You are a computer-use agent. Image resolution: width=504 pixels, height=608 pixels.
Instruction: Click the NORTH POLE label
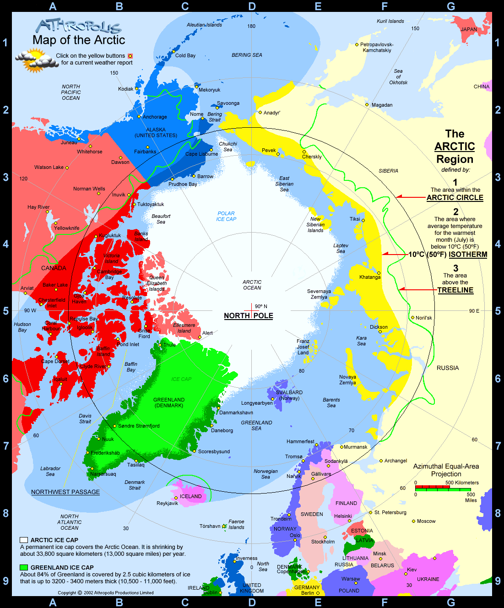[249, 315]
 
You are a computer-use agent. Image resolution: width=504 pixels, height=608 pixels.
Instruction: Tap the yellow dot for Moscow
[413, 521]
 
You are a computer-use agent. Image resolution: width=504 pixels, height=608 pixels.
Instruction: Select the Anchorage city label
[155, 117]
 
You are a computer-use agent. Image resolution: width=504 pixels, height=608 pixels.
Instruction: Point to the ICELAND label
[190, 496]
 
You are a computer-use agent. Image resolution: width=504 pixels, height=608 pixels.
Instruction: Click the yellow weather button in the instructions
[130, 56]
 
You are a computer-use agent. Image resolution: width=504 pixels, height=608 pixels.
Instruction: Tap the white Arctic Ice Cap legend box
[24, 540]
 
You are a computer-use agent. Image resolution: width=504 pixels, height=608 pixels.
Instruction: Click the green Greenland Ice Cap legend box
[24, 568]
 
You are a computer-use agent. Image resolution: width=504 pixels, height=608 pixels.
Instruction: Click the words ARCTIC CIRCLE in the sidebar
[455, 197]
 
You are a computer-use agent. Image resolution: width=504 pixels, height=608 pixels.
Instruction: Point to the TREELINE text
[455, 290]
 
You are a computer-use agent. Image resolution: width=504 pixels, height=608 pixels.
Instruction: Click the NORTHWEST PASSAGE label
[65, 492]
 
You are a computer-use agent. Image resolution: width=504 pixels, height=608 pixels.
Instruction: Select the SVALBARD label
[289, 392]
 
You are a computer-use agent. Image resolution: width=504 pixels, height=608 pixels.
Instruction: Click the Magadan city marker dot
[367, 105]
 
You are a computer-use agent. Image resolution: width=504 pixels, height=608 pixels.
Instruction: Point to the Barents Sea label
[331, 402]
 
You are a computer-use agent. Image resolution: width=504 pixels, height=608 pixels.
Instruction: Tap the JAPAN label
[469, 29]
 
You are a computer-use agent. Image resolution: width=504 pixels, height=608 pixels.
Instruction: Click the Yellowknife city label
[67, 228]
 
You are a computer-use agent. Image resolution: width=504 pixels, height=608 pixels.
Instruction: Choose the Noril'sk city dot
[412, 317]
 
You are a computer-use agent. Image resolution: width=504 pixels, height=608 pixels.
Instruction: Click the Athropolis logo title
[79, 26]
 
